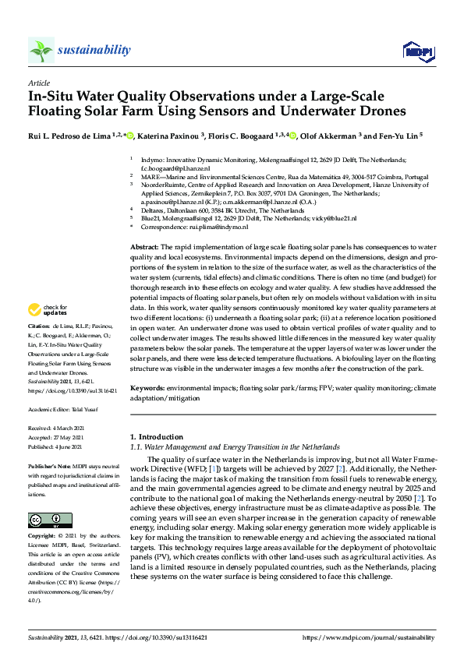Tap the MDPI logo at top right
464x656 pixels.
[x=417, y=51]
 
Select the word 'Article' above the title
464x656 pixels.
[x=39, y=83]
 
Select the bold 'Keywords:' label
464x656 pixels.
[x=148, y=387]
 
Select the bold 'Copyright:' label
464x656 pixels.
[x=44, y=537]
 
